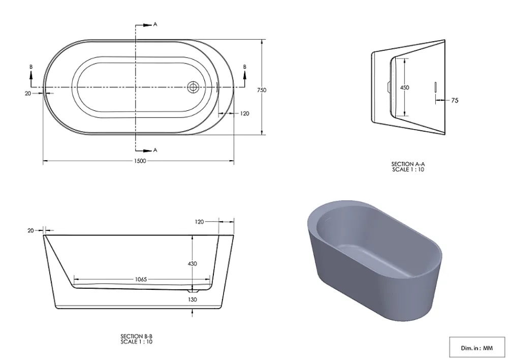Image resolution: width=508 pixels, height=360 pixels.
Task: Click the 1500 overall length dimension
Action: point(140,161)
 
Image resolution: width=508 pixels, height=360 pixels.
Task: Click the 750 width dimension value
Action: point(262,90)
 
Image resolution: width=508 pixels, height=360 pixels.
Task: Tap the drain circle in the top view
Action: point(193,87)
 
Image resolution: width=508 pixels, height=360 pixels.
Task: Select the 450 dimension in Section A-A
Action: point(405,87)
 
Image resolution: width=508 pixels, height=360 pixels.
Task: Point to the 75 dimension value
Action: point(455,101)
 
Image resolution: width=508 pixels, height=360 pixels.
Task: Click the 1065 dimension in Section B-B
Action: point(141,279)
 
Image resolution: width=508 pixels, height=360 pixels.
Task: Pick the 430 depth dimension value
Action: point(193,264)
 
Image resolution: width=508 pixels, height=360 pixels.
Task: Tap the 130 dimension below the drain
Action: point(193,299)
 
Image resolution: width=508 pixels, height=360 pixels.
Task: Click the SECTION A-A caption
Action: point(408,164)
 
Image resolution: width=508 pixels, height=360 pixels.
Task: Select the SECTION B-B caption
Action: point(136,336)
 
